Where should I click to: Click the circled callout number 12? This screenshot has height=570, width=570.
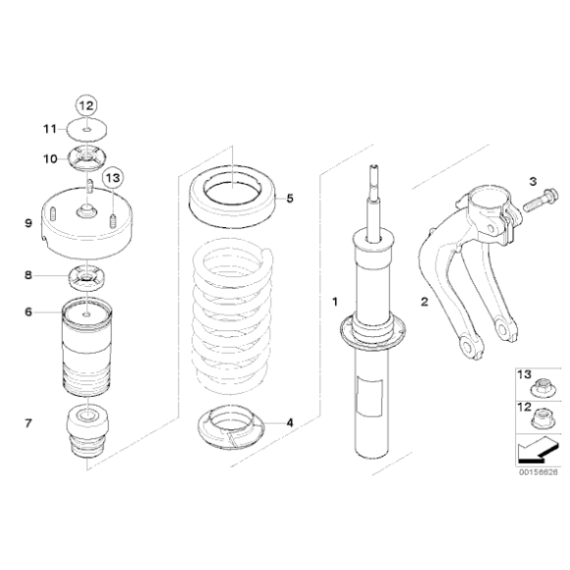[86, 106]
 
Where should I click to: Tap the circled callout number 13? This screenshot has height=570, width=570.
[113, 178]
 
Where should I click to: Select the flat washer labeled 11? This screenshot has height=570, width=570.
[86, 130]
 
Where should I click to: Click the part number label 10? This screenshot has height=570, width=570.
[50, 159]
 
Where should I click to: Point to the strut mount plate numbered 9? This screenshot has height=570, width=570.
[86, 223]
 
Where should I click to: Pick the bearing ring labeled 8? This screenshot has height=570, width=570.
[86, 279]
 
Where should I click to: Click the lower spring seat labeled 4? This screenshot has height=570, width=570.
[231, 427]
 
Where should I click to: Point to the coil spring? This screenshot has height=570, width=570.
[232, 316]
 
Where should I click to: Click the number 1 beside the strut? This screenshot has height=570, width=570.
[335, 302]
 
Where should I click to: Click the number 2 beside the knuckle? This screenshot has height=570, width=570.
[425, 302]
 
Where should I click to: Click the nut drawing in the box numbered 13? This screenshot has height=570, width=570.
[542, 388]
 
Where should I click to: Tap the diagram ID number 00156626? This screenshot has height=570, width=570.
[538, 472]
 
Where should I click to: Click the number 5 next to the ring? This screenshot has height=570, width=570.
[290, 199]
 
